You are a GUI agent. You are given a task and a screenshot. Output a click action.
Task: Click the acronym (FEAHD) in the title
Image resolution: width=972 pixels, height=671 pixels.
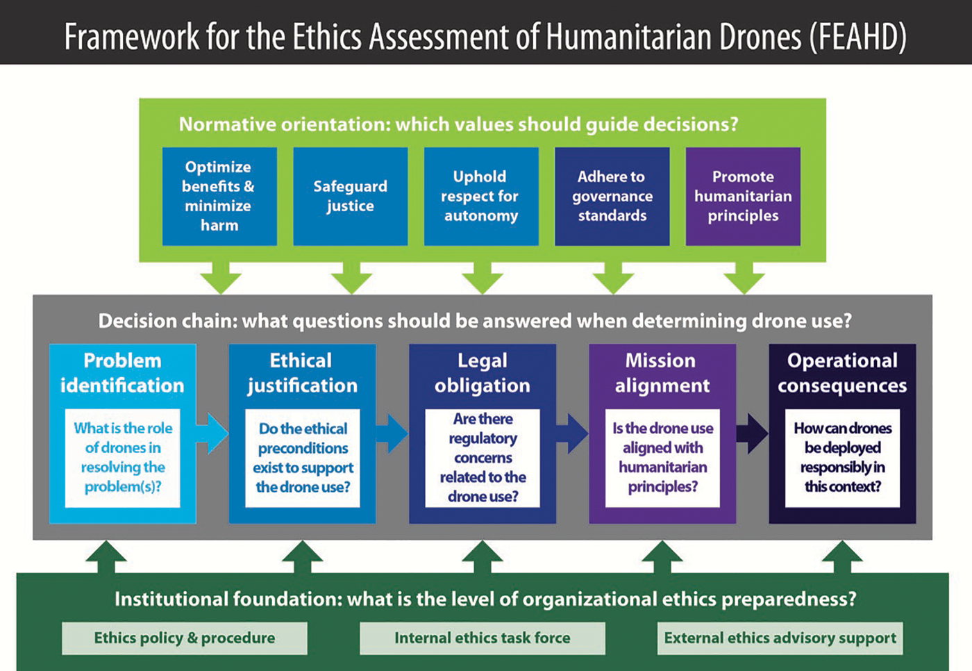[858, 36]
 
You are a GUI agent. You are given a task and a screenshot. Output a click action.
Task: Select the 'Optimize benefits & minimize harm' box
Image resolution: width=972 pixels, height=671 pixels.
[219, 196]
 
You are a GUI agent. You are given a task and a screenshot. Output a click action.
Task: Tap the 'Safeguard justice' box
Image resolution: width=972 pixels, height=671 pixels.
[350, 196]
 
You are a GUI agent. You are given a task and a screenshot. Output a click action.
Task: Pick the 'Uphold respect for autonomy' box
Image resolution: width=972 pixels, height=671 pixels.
[481, 196]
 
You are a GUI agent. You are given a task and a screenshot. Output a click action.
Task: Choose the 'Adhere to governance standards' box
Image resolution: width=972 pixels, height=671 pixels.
[612, 196]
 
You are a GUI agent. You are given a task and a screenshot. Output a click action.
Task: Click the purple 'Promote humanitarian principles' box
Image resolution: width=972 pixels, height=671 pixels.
[743, 196]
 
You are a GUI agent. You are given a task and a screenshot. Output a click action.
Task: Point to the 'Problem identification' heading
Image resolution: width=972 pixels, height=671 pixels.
[122, 373]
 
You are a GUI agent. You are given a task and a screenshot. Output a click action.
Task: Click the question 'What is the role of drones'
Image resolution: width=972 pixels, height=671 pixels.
[122, 457]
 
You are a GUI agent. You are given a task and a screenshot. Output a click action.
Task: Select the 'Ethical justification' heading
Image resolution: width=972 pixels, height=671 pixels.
[302, 373]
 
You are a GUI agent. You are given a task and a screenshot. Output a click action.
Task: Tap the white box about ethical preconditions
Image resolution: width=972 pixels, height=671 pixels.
[303, 458]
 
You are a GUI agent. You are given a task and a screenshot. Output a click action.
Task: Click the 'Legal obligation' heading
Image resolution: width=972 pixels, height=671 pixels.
[483, 373]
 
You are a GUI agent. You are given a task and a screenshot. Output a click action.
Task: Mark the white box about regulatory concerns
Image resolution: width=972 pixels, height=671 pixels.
[483, 458]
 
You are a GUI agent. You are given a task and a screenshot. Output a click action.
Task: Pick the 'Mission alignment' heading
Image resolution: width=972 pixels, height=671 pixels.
[662, 373]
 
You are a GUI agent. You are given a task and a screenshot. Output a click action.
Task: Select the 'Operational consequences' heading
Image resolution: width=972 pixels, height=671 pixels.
[842, 373]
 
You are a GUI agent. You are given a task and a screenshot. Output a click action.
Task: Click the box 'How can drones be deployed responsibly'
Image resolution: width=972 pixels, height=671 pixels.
[842, 458]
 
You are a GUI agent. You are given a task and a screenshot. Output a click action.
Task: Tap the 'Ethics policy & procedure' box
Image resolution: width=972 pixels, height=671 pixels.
[185, 638]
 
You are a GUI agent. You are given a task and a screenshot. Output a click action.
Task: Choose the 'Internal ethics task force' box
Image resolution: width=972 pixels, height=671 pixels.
[483, 638]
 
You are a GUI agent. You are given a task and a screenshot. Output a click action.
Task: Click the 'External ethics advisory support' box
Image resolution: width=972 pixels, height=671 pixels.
[780, 638]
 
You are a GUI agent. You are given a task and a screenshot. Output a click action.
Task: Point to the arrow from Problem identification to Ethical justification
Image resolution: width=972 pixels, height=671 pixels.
[212, 433]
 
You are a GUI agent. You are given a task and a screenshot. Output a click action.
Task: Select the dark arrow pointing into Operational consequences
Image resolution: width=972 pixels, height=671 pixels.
[752, 433]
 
